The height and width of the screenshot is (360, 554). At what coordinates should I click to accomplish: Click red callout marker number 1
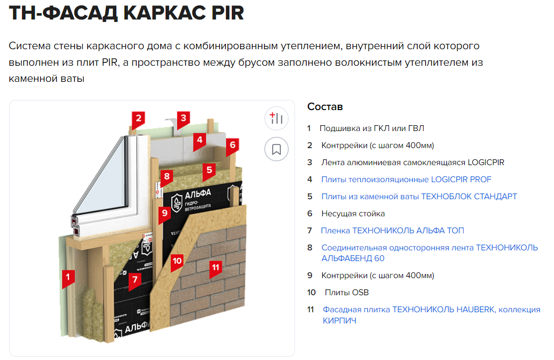point(68,277)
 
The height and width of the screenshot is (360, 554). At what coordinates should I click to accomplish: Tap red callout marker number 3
point(184,118)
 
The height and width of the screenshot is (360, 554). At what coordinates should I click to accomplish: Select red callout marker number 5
point(209,171)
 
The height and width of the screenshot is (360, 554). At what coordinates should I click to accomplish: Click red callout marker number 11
point(216,267)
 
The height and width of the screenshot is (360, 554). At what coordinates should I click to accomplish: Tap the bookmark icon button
point(277,149)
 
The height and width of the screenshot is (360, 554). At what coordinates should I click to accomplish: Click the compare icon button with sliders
point(277,118)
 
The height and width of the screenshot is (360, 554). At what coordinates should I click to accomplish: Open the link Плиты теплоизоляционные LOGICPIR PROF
point(406,180)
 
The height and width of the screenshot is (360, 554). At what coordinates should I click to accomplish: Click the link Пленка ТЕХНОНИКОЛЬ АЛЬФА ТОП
point(392,230)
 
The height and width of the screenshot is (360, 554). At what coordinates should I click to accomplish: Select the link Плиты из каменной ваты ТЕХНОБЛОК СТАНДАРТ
point(419,197)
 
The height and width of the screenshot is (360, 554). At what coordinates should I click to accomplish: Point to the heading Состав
point(325,107)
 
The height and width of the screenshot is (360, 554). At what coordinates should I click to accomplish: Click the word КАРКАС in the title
point(165,13)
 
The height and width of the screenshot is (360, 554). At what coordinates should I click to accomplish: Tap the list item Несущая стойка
point(353,213)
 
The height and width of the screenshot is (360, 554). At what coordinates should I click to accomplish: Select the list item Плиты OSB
point(347,293)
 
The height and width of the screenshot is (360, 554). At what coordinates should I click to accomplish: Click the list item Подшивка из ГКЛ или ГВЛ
point(372,129)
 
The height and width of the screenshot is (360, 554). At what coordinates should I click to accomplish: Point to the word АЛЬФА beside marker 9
point(198,194)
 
